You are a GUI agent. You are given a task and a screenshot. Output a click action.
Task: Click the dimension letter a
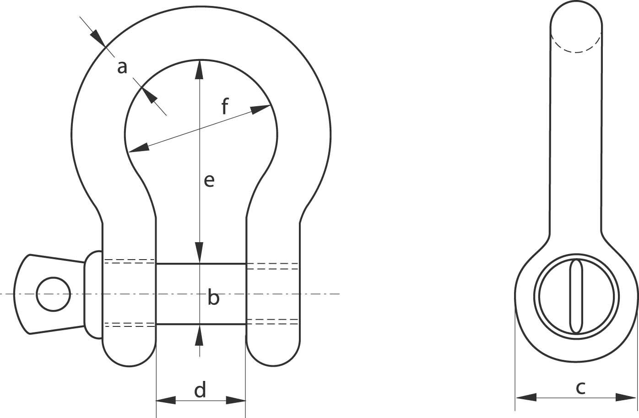point(122,68)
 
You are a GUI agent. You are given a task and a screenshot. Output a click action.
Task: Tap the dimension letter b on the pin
point(213,297)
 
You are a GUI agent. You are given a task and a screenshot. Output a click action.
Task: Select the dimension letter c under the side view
point(580,388)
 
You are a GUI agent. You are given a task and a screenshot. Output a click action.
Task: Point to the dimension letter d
point(200,389)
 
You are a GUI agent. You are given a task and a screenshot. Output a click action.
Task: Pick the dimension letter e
point(209,180)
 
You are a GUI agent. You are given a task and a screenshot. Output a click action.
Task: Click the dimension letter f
point(225,106)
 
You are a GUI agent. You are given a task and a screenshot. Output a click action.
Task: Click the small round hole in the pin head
point(54,294)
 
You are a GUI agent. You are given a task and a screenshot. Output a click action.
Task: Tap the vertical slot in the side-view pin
point(576,297)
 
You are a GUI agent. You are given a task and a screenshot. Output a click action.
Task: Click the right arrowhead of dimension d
point(236,400)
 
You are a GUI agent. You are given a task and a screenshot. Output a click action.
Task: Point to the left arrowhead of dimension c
point(526,397)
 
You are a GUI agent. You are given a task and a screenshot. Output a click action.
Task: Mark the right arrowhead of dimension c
point(626,397)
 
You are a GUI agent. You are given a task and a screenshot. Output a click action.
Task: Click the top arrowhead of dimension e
point(200,69)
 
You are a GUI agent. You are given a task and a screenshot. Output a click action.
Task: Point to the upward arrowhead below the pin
point(200,334)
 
